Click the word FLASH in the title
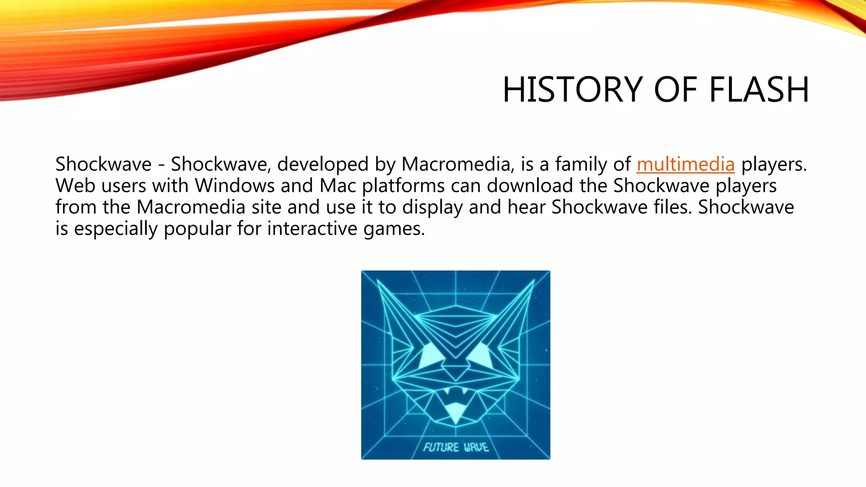tap(759, 90)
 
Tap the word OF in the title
tap(675, 90)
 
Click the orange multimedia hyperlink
tap(685, 164)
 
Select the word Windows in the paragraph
tap(235, 186)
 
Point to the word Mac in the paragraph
tap(338, 186)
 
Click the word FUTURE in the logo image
tap(441, 447)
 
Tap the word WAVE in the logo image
tap(476, 447)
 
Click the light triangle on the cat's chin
tap(455, 412)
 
